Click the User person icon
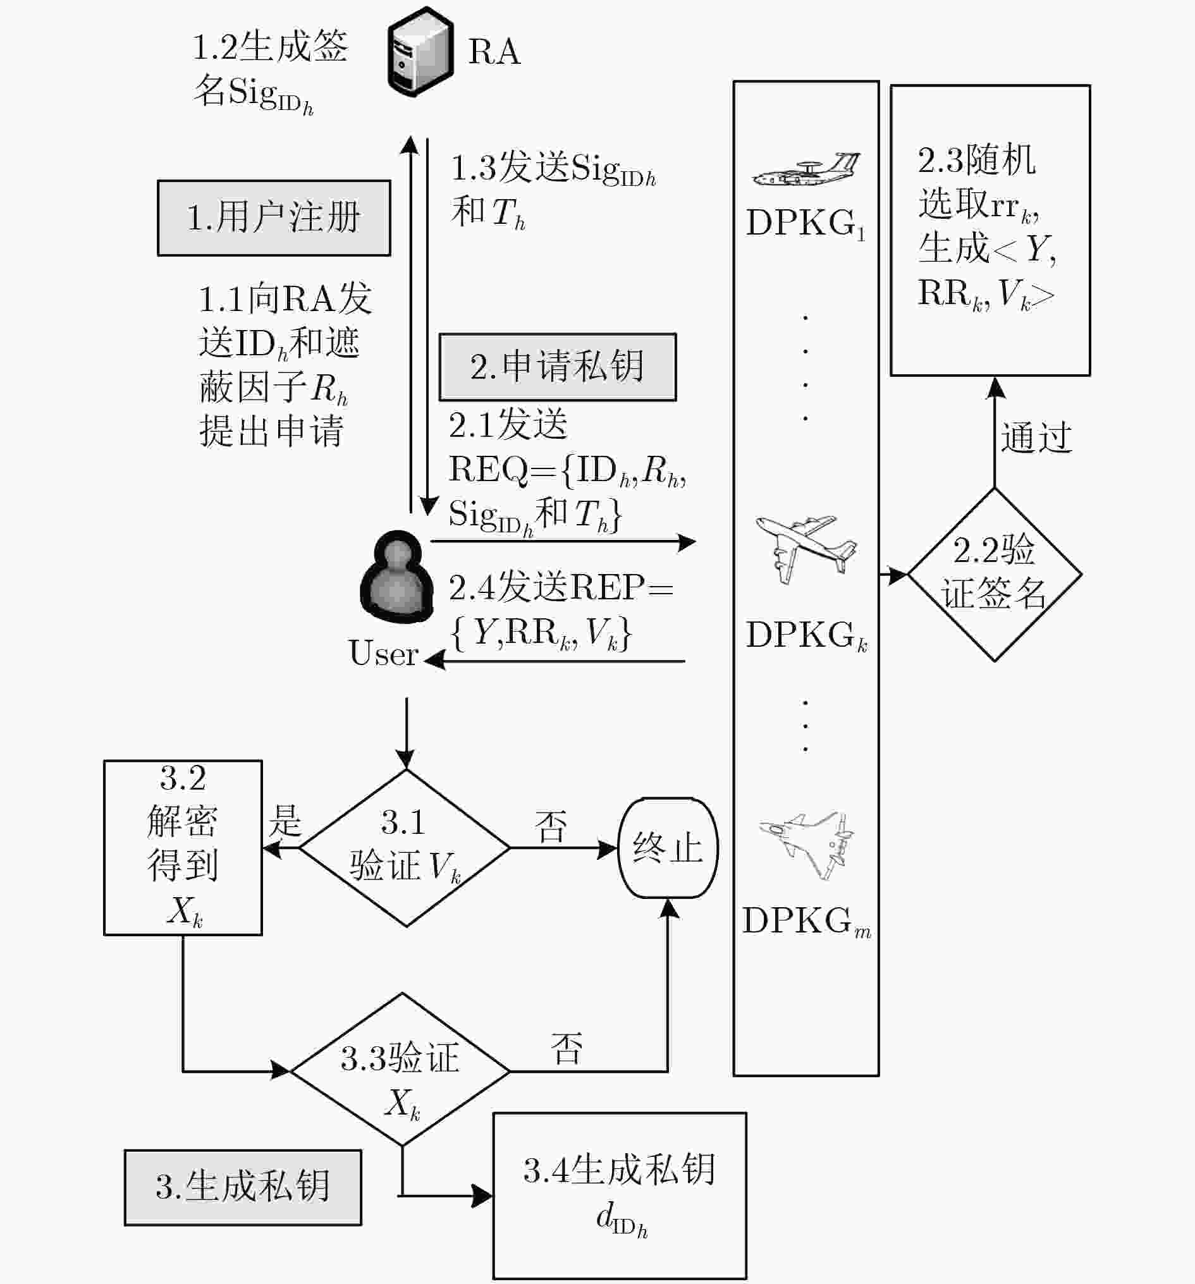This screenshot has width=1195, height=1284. click(x=396, y=577)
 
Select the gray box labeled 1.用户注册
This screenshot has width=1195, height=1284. click(x=274, y=218)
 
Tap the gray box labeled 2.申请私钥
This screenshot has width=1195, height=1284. click(x=558, y=367)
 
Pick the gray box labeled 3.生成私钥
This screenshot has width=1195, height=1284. click(x=243, y=1187)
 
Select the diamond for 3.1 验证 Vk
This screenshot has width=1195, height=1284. click(x=405, y=848)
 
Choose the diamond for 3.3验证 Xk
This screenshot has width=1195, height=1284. click(x=401, y=1070)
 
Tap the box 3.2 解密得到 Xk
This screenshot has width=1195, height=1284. click(x=183, y=848)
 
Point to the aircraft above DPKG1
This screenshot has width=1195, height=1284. click(x=806, y=169)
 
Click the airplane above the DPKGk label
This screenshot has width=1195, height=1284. click(x=806, y=549)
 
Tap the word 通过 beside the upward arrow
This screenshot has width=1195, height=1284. click(x=1036, y=437)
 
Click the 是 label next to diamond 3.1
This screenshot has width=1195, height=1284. click(x=285, y=821)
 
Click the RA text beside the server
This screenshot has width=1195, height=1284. click(x=494, y=52)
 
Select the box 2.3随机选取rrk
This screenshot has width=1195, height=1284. click(x=990, y=231)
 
